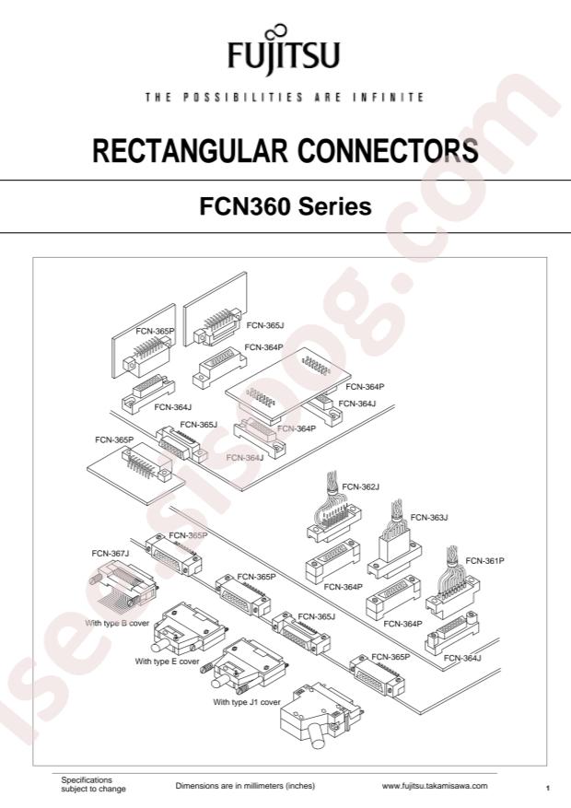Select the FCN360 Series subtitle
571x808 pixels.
click(x=285, y=206)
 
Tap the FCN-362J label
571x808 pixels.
click(x=360, y=486)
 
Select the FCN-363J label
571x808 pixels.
click(x=428, y=517)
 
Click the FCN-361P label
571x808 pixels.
click(x=484, y=559)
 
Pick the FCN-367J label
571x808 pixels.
click(x=111, y=554)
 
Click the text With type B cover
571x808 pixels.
click(x=117, y=623)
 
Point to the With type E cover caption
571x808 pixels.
click(x=167, y=661)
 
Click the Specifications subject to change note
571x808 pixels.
click(x=94, y=785)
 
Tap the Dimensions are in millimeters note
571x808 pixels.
click(x=245, y=786)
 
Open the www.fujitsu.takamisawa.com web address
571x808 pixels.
click(x=435, y=786)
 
